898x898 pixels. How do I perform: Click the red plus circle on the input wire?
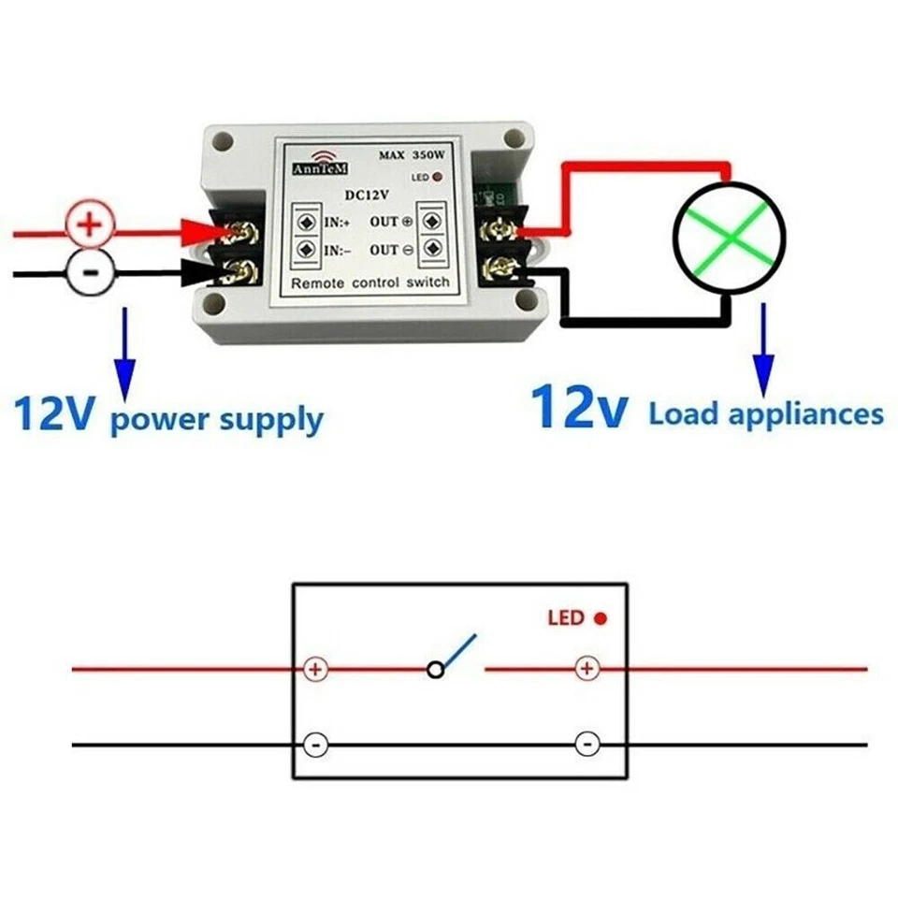point(91,225)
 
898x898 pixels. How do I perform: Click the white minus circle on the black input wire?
point(91,272)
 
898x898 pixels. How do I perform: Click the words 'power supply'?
point(216,418)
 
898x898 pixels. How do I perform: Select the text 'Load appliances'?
point(766,413)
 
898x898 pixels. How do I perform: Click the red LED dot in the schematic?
point(601,618)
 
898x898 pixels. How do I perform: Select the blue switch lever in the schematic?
point(458,651)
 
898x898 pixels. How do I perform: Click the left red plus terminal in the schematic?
point(316,669)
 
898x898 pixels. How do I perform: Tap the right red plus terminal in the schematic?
point(587,669)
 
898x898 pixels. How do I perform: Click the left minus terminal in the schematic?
point(316,745)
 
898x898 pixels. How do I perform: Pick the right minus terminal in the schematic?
point(587,745)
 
